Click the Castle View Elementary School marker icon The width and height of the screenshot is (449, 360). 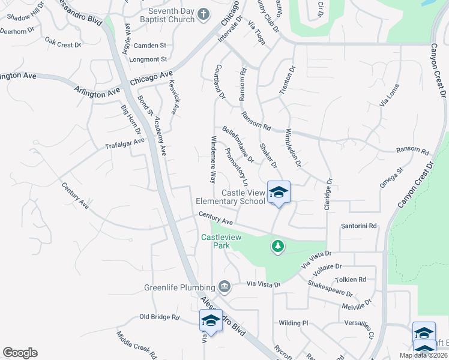(279, 193)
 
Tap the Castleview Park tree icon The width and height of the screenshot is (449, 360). (277, 246)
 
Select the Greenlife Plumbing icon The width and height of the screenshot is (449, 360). (224, 286)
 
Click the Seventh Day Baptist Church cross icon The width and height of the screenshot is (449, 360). (203, 13)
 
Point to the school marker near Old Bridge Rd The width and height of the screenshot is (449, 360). (211, 321)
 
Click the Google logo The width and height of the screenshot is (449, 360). (20, 353)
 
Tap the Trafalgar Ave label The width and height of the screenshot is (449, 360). (125, 144)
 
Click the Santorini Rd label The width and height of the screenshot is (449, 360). (358, 226)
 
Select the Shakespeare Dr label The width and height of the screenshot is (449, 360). (330, 289)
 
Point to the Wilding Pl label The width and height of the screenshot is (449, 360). (293, 323)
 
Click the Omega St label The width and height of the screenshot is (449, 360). (391, 178)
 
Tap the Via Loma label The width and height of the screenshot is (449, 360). (389, 95)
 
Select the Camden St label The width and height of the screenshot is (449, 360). (149, 46)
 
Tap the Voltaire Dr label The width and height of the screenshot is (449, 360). (327, 266)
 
